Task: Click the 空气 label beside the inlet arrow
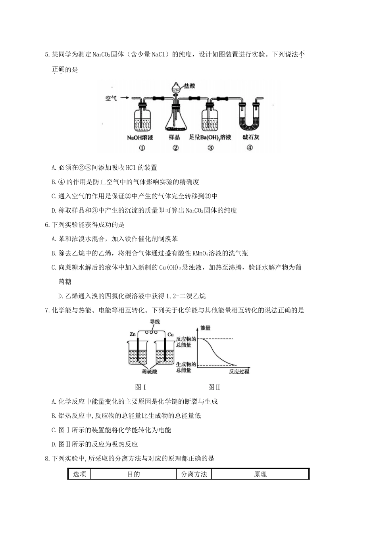[111, 98]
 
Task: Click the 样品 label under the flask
[174, 137]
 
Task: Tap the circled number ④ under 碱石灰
[249, 148]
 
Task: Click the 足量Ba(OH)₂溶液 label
[210, 137]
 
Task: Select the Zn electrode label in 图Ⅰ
[133, 335]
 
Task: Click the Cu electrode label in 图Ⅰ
[170, 335]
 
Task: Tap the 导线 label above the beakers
[154, 322]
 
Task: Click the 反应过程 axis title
[239, 371]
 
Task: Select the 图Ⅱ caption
[214, 387]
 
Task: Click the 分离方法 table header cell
[194, 474]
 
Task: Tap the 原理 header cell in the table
[260, 474]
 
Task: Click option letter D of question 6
[60, 296]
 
